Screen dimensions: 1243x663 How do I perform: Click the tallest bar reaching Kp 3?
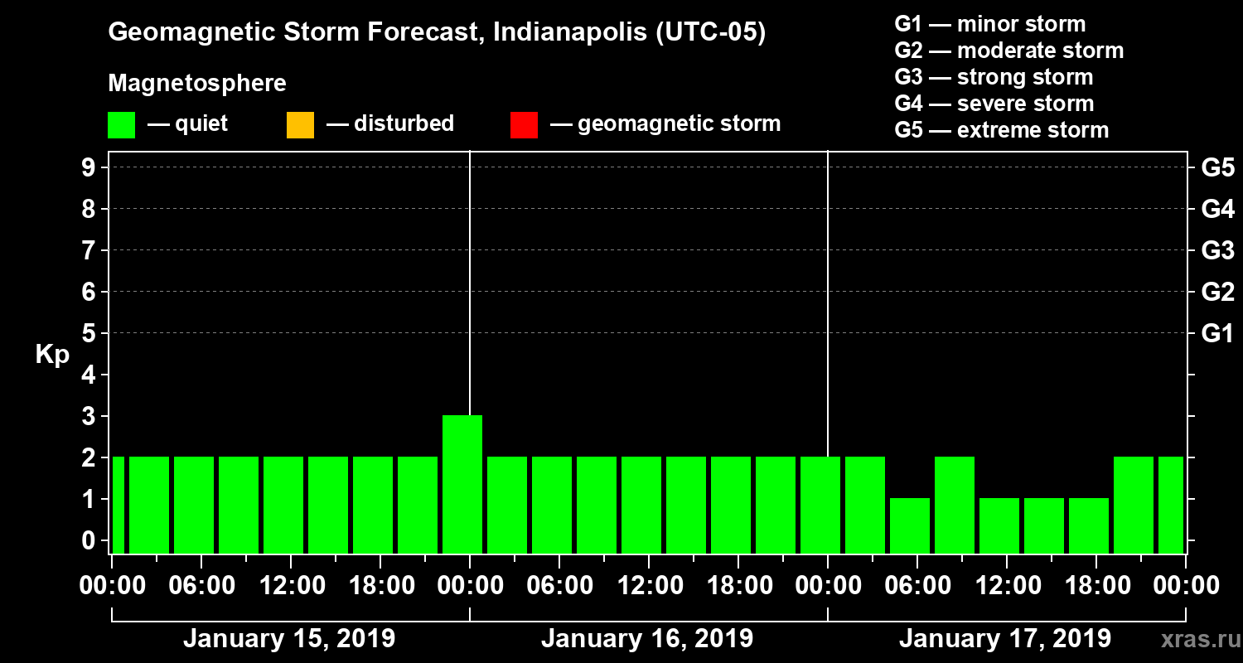point(462,483)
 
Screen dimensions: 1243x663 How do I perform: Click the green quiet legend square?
point(121,125)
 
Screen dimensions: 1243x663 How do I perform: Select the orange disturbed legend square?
point(300,125)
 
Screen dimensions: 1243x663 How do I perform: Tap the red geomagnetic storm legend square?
point(524,125)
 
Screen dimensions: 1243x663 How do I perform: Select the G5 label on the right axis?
point(1217,167)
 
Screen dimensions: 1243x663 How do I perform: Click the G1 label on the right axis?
point(1217,333)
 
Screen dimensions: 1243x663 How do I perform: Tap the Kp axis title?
point(52,355)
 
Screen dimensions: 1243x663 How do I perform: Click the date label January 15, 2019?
point(288,639)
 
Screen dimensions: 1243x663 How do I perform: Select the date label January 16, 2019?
point(646,639)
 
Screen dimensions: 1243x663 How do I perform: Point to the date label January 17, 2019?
point(1004,639)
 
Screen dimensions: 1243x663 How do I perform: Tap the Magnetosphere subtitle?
point(197,84)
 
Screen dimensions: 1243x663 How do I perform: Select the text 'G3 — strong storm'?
point(994,77)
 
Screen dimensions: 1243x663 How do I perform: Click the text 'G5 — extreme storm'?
point(1001,130)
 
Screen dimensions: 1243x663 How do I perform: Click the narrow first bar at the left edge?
point(118,504)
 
